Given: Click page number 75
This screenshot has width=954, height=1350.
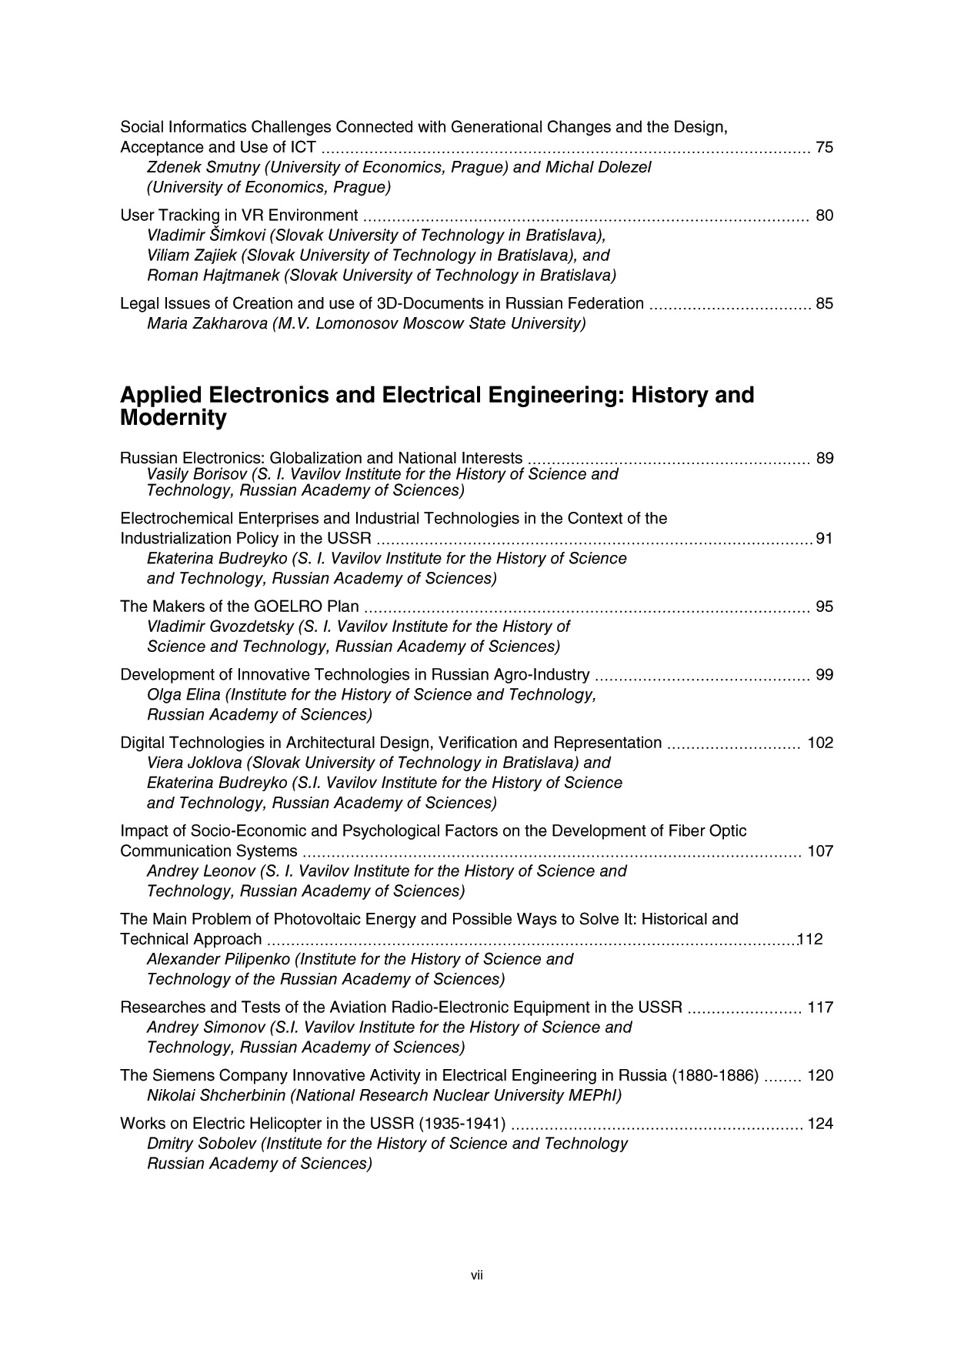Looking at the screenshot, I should pyautogui.click(x=824, y=148).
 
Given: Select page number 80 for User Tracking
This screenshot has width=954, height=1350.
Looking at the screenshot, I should pyautogui.click(x=824, y=216).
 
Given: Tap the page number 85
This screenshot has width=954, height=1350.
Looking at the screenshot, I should pyautogui.click(x=824, y=303).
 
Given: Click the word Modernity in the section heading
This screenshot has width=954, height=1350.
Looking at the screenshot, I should pyautogui.click(x=173, y=419).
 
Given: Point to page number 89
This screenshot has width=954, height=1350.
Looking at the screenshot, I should pyautogui.click(x=824, y=459).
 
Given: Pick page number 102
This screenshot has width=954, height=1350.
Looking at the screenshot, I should pyautogui.click(x=820, y=743).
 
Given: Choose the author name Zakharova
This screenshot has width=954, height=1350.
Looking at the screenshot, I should pyautogui.click(x=227, y=323).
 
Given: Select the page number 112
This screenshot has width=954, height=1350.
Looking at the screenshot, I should pyautogui.click(x=811, y=939).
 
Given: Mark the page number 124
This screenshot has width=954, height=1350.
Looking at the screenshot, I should pyautogui.click(x=820, y=1124).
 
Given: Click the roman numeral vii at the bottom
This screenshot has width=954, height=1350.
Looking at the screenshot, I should pyautogui.click(x=477, y=1275).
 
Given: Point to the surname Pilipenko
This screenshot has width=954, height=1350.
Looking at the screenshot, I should pyautogui.click(x=252, y=959).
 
